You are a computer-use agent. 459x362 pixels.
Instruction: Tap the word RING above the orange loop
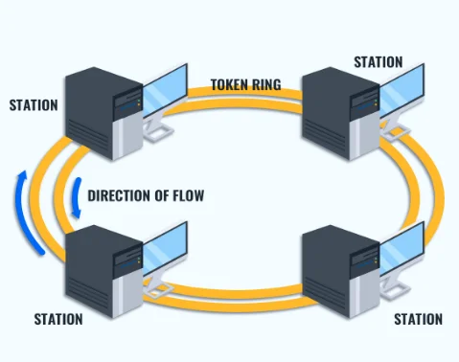267,84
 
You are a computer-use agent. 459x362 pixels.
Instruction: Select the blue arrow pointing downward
74,197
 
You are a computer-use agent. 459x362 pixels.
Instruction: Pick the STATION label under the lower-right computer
418,319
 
